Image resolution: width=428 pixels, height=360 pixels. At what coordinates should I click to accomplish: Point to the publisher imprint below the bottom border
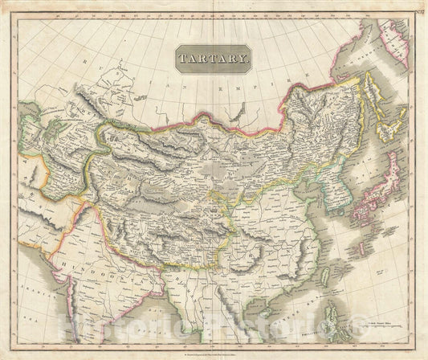click(x=213, y=354)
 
